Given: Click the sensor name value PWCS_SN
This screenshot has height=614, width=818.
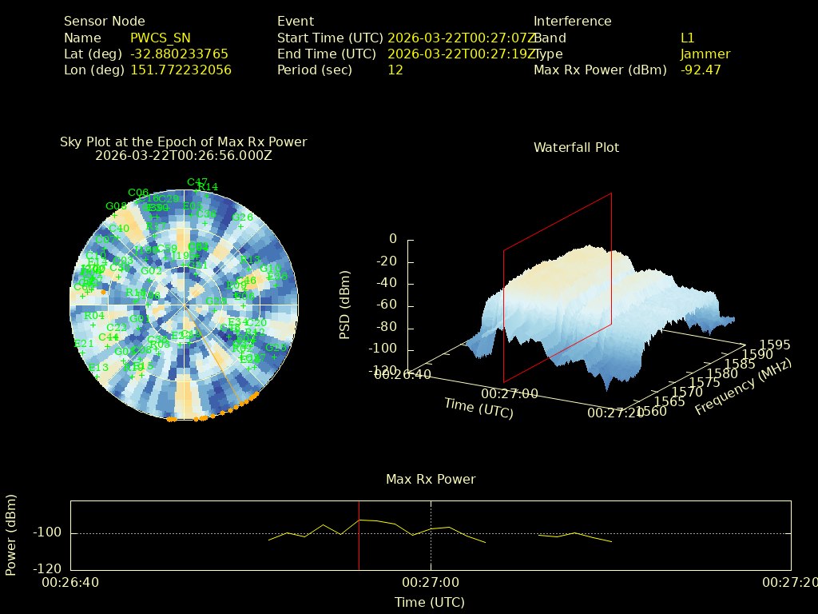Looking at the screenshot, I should click(x=161, y=38).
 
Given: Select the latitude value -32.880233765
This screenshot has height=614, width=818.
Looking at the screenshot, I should click(x=179, y=54).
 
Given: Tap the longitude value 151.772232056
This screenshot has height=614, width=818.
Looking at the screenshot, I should click(x=181, y=70).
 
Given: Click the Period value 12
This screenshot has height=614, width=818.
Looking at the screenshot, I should click(x=395, y=70).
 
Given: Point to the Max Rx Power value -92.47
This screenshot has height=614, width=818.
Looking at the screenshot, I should click(x=701, y=70).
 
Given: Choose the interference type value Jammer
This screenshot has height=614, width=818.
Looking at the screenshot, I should click(x=705, y=54).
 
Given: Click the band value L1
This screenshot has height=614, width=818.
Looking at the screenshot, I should click(x=688, y=38).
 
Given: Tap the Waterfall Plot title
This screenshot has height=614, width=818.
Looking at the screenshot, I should click(x=576, y=148).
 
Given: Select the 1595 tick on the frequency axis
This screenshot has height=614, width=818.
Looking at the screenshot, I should click(x=776, y=345).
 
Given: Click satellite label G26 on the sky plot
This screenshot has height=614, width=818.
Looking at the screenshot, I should click(x=242, y=217).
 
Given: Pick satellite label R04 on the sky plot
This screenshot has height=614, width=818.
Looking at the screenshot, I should click(x=94, y=316).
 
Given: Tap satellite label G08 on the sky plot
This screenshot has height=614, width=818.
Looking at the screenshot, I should click(x=116, y=206).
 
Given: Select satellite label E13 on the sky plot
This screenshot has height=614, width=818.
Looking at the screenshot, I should click(x=98, y=368).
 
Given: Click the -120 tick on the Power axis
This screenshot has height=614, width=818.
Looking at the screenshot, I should click(x=48, y=569).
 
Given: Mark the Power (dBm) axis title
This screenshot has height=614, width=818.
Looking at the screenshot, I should click(x=11, y=534).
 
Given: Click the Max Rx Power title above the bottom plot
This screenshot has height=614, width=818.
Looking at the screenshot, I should click(x=431, y=480).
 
